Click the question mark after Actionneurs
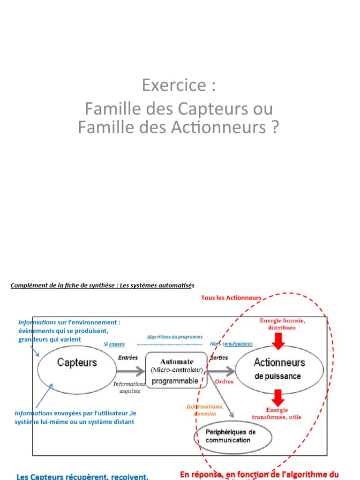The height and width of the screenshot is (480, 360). [274, 127]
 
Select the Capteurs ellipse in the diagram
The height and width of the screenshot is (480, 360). [77, 362]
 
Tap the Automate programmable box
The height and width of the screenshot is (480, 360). [176, 371]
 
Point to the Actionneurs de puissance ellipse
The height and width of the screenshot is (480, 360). [279, 368]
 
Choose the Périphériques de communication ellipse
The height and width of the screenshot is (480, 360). [232, 436]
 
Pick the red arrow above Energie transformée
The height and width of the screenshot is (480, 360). [278, 398]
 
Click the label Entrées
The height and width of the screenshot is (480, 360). [128, 358]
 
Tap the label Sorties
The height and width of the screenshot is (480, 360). [219, 358]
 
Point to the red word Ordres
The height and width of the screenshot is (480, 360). [224, 382]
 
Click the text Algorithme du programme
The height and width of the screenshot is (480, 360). [175, 337]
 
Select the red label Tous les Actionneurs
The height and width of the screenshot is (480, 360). [231, 298]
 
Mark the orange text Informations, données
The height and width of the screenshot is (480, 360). [204, 410]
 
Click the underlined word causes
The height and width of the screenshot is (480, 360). [117, 344]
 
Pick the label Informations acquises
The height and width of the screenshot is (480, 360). [130, 387]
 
